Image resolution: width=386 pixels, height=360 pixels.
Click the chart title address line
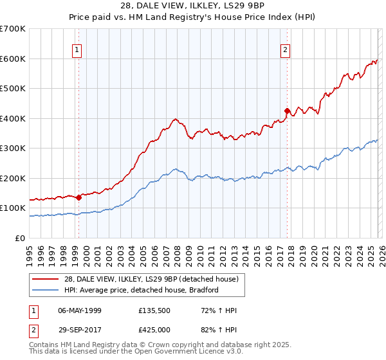[192, 6]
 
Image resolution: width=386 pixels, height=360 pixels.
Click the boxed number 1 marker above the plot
[77, 49]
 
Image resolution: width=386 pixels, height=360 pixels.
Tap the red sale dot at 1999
[78, 197]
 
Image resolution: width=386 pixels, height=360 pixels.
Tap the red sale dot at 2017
[287, 111]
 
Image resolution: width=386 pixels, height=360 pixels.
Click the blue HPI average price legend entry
[142, 290]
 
